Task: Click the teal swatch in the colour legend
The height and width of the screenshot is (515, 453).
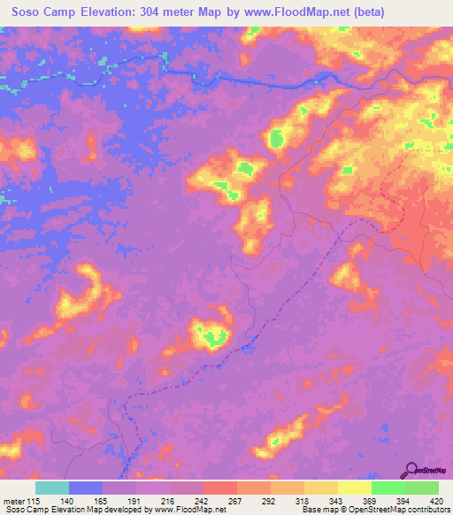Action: pyautogui.click(x=52, y=488)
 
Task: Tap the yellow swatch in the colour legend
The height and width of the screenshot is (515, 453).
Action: pyautogui.click(x=355, y=488)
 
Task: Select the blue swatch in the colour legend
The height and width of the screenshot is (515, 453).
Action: pyautogui.click(x=86, y=488)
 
